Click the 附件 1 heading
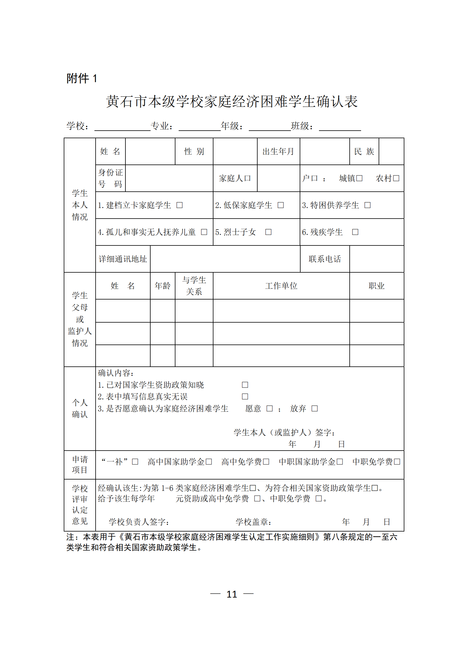82,78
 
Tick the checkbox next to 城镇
359,178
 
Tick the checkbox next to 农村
396,178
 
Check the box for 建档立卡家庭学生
180,205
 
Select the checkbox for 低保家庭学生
281,205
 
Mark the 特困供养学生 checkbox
368,205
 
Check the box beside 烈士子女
268,232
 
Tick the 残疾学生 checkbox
355,232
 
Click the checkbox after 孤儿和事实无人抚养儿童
204,232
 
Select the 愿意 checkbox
270,409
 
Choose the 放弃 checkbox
315,409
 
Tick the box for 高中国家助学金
209,462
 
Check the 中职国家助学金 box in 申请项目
340,462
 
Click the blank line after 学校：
122,127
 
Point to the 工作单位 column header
281,286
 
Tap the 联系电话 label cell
325,259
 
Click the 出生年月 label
278,151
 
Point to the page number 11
232,594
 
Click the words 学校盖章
253,522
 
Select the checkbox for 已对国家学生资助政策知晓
245,385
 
